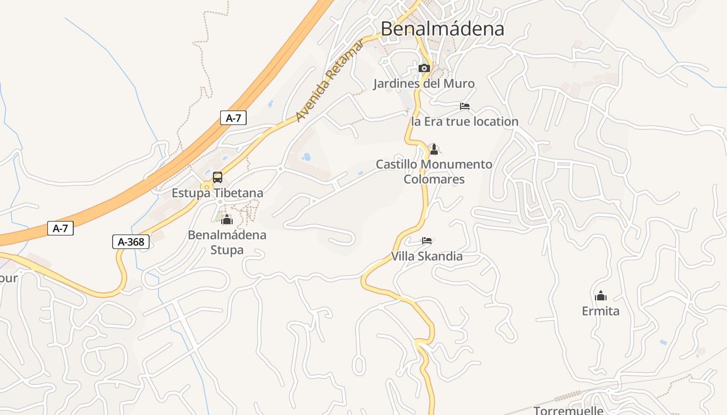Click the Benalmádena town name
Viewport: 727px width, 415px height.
tap(442, 29)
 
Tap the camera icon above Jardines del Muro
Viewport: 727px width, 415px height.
tap(424, 68)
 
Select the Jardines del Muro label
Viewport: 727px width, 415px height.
tap(424, 84)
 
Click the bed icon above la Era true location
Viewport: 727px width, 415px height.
tap(465, 106)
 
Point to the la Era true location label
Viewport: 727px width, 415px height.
tap(465, 121)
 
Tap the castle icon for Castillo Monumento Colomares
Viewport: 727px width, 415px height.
tap(434, 149)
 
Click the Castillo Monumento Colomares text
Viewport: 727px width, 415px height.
tap(434, 172)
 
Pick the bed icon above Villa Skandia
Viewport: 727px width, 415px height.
tap(427, 241)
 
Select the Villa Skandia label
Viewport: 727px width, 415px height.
tap(427, 256)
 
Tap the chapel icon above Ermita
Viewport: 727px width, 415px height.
tap(601, 296)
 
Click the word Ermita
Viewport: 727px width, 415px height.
tap(601, 311)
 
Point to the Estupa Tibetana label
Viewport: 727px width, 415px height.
tap(218, 193)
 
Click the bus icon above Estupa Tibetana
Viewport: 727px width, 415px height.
tap(218, 177)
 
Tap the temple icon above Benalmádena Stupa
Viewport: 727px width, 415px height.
tap(227, 219)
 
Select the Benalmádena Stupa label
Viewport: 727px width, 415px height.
tap(227, 242)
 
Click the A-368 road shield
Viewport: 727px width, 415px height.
tap(131, 242)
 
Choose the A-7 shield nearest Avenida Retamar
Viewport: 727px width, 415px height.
tap(233, 118)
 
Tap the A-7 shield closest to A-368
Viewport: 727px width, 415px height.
tap(60, 228)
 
